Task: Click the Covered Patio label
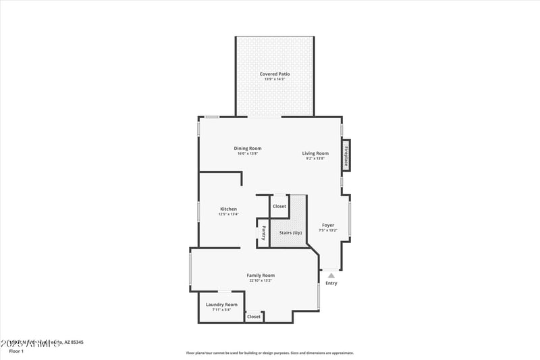point(275,74)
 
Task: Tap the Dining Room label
point(248,148)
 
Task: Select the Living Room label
point(315,153)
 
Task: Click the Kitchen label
point(228,209)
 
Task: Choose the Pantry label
point(264,232)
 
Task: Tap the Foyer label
point(328,225)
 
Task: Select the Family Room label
point(261,275)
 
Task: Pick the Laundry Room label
point(221,305)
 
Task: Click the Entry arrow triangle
point(331,275)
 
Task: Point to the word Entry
point(331,283)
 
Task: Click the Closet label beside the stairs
point(279,206)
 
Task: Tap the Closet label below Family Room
point(254,316)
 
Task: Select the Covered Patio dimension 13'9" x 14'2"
point(275,80)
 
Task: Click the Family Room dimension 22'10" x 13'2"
point(261,280)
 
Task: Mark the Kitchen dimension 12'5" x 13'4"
point(228,214)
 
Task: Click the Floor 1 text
point(16,351)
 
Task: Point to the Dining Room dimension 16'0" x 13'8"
point(248,153)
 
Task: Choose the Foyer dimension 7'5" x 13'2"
point(328,230)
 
